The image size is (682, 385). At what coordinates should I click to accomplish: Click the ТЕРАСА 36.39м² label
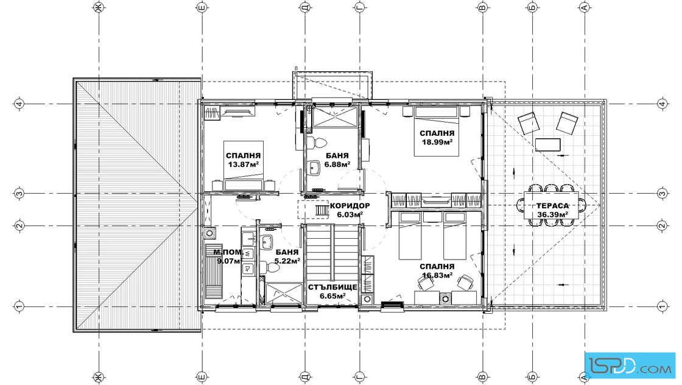(x=552, y=210)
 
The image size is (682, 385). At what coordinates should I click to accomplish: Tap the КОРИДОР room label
(x=350, y=206)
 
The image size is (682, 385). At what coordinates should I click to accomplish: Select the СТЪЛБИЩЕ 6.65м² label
(x=332, y=291)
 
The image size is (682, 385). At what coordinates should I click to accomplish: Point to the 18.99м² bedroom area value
(x=437, y=142)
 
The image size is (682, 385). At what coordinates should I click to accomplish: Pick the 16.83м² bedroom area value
(x=437, y=275)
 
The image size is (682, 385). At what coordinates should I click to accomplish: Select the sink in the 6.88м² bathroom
(x=314, y=168)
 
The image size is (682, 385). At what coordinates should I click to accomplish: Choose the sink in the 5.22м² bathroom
(x=266, y=242)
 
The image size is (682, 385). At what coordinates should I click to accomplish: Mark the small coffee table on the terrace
(x=547, y=144)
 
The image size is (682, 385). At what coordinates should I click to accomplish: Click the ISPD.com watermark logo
(x=630, y=364)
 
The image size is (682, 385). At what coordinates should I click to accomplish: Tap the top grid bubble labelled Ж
(x=99, y=7)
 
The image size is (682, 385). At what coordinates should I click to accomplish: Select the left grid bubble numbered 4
(x=19, y=104)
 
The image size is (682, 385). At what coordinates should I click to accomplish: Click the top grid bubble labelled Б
(x=533, y=7)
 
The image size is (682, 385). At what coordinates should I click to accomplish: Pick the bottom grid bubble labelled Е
(x=201, y=376)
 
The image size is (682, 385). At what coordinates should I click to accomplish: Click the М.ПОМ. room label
(x=227, y=252)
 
